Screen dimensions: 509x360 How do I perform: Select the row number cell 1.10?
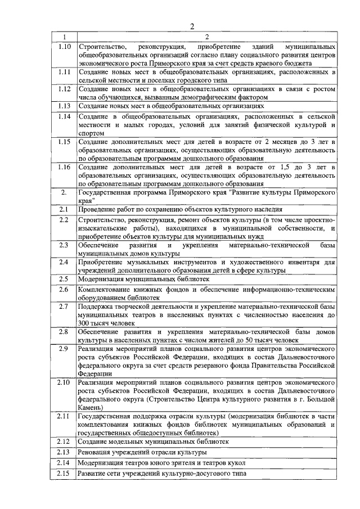[64, 45]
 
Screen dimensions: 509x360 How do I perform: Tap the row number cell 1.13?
[64, 105]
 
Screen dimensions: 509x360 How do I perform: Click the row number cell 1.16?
[64, 167]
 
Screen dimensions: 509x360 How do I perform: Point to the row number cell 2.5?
[64, 278]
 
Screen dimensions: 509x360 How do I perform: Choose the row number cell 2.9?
[64, 349]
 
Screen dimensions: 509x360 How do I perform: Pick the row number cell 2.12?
[64, 442]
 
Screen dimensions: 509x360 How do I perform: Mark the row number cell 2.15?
[64, 474]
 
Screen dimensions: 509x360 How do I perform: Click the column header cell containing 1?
[64, 37]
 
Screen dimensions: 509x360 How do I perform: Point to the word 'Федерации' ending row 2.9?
[95, 373]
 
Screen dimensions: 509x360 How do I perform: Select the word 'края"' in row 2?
[87, 201]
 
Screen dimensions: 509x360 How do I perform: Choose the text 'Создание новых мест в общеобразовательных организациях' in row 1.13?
[170, 105]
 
